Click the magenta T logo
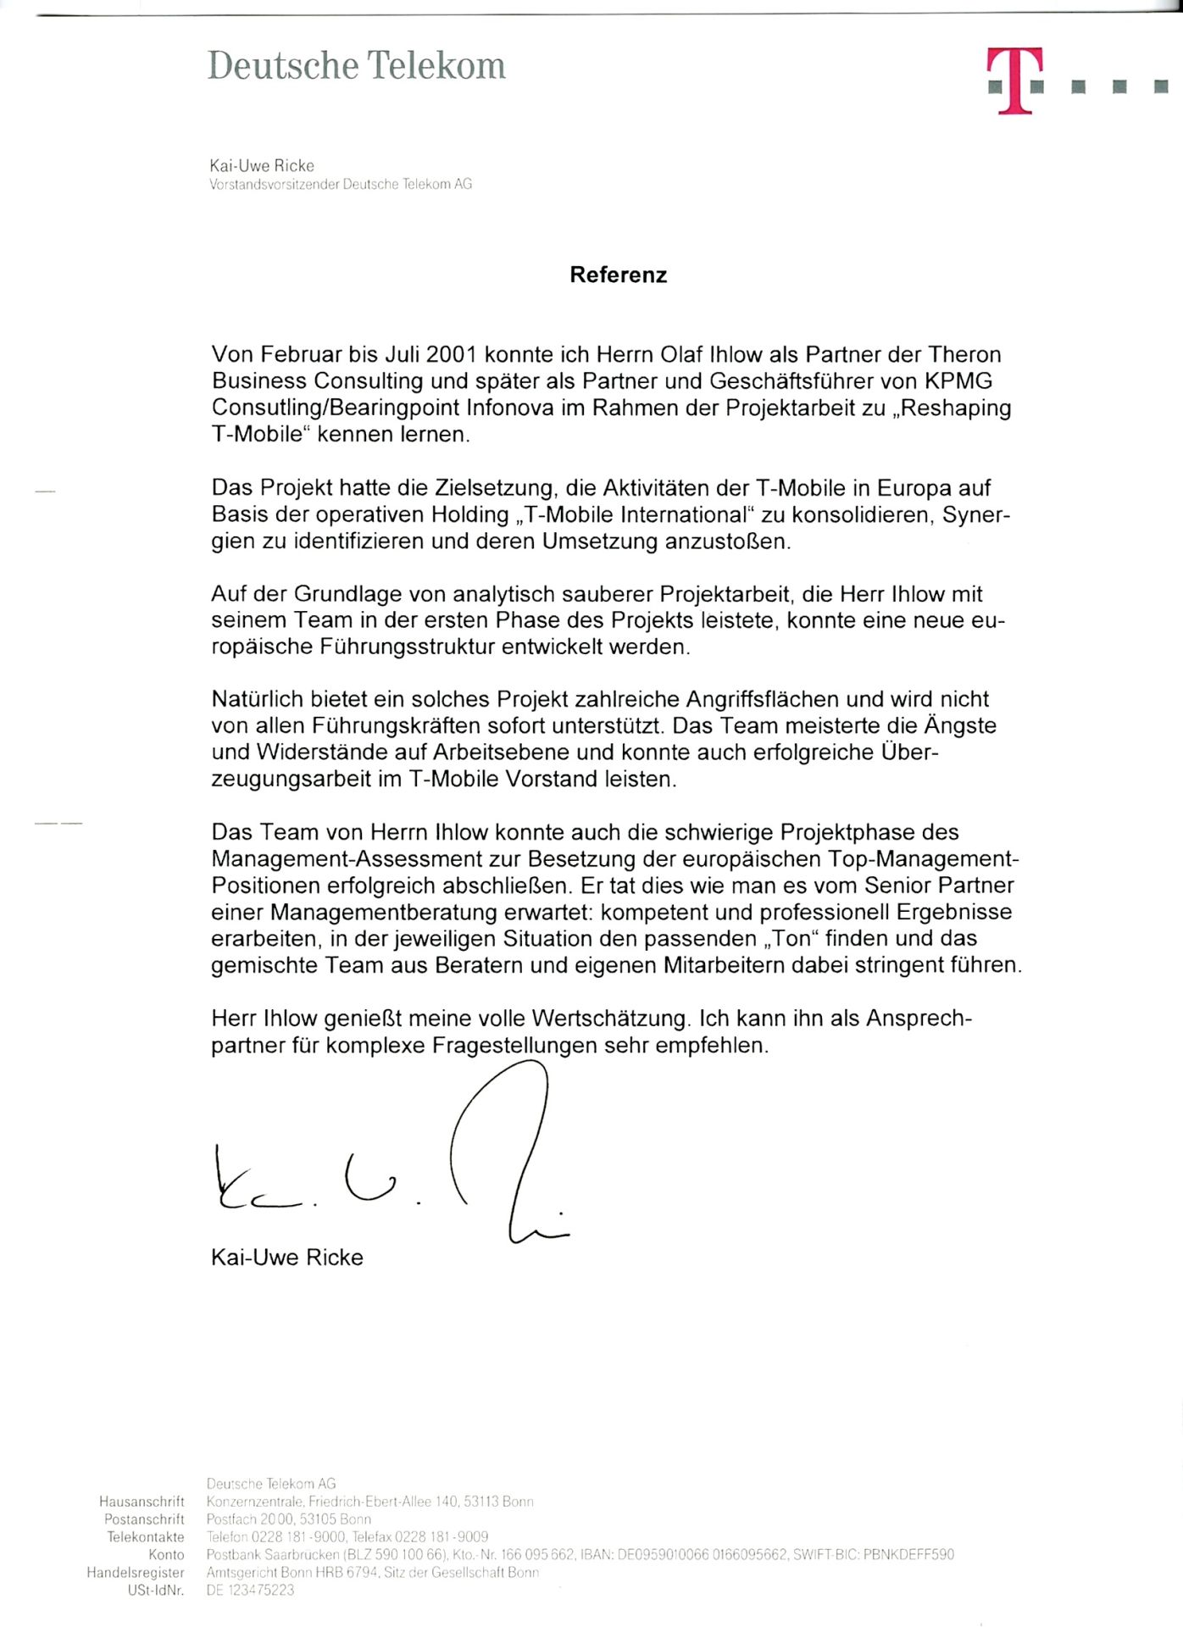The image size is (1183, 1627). [1014, 80]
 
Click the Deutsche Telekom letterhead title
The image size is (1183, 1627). [357, 66]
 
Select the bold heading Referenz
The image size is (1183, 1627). [618, 275]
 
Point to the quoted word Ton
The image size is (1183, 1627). [792, 938]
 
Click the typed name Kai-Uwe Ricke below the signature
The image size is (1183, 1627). [286, 1258]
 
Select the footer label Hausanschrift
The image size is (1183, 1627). [142, 1502]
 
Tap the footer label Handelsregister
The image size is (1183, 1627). [136, 1572]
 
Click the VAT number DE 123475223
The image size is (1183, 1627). [250, 1590]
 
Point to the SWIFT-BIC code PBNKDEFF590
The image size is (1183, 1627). [908, 1554]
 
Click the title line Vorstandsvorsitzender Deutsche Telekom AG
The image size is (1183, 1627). [341, 184]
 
